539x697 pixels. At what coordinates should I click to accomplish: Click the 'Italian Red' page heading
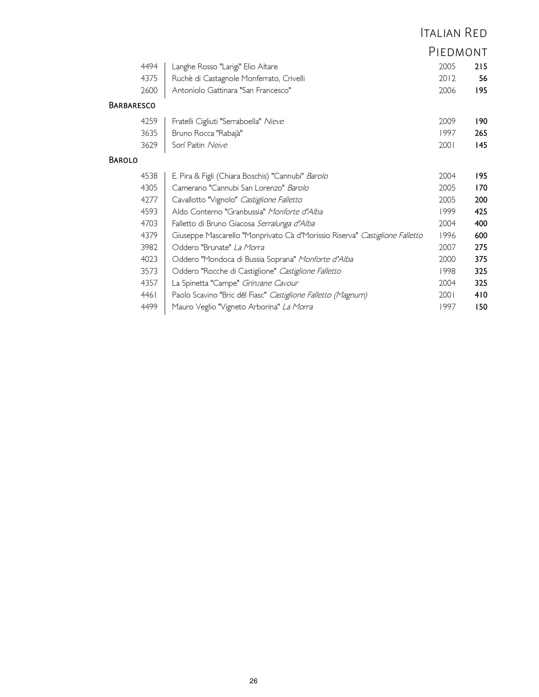(x=453, y=33)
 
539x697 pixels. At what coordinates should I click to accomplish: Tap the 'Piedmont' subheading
(x=458, y=52)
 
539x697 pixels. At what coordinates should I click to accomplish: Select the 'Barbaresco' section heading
(x=132, y=105)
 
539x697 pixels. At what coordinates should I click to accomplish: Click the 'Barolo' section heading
(x=123, y=160)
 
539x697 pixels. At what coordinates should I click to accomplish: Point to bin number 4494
(x=149, y=67)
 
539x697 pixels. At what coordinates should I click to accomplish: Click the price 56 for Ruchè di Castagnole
(x=483, y=79)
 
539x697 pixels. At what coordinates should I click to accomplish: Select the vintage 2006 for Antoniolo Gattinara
(x=447, y=91)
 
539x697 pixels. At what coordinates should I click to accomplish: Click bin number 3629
(x=149, y=145)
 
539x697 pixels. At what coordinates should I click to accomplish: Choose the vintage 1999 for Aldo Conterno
(x=447, y=212)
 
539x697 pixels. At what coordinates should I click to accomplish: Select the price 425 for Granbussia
(x=481, y=212)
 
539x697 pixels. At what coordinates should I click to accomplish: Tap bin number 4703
(x=149, y=224)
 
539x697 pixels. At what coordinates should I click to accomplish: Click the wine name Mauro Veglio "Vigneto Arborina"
(x=226, y=307)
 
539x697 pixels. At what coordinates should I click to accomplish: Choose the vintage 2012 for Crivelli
(x=447, y=79)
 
